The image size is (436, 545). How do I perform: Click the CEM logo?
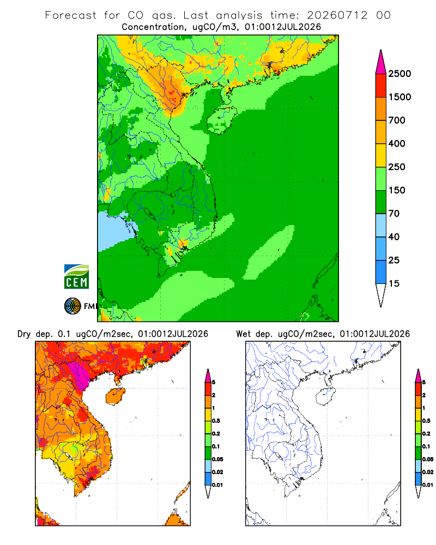click(76, 277)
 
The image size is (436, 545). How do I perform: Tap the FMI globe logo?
click(72, 306)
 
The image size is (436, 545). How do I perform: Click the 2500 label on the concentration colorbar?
click(399, 74)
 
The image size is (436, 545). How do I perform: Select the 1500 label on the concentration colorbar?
click(399, 97)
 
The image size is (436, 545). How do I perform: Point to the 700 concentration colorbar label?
click(397, 120)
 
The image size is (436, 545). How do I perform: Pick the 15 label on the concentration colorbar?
click(394, 283)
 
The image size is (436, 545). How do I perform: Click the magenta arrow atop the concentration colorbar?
click(381, 62)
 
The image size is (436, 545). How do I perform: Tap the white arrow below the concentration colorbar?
click(381, 295)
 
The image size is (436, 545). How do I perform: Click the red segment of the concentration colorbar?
click(381, 86)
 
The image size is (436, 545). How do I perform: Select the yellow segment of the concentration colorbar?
click(381, 155)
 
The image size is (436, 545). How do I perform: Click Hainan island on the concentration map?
click(221, 120)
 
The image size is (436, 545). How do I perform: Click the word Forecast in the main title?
click(71, 15)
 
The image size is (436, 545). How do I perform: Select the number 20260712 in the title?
click(337, 15)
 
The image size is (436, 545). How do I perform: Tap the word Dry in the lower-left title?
click(24, 335)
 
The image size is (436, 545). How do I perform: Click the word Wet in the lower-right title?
click(243, 334)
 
